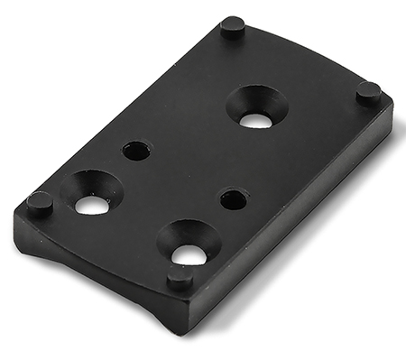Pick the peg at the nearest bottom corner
tap(180, 275)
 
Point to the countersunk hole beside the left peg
tap(91, 192)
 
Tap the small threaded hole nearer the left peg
tap(136, 151)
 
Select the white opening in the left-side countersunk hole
tap(91, 205)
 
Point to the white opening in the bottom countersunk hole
tap(189, 255)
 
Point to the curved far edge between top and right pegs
tap(307, 50)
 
